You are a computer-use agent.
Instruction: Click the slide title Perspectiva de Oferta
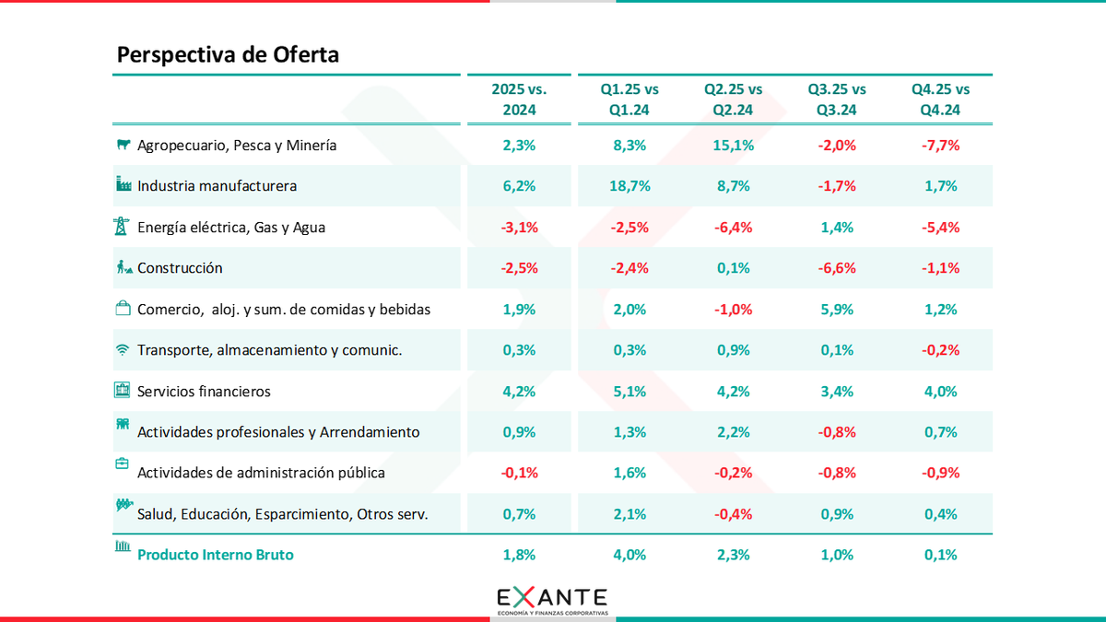coord(228,54)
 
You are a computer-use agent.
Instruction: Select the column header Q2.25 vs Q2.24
coord(734,100)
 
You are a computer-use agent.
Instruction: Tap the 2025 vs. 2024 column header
coord(519,100)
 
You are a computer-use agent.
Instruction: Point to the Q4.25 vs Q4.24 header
coord(940,100)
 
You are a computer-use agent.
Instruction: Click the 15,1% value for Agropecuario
coord(734,145)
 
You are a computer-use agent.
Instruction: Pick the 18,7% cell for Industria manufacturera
coord(630,186)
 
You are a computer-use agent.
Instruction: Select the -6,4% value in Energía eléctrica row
coord(734,228)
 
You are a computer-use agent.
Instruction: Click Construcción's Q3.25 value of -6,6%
coord(837,268)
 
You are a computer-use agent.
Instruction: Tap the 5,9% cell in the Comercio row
coord(837,310)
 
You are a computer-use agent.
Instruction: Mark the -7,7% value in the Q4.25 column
coord(940,145)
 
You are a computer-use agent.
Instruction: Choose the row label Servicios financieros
coord(204,392)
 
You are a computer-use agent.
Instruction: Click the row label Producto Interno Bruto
coord(216,555)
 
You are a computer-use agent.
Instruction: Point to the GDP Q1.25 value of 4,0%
coord(630,555)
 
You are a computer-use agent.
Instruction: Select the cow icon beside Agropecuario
coord(122,145)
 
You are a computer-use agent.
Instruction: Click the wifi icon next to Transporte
coord(122,350)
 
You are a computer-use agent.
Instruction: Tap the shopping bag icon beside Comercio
coord(122,309)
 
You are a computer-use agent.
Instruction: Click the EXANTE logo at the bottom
coord(552,599)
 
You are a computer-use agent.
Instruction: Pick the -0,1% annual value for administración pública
coord(519,473)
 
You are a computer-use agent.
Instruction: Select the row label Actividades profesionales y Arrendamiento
coord(278,432)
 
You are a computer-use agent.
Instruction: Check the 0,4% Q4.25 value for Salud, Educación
coord(940,514)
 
